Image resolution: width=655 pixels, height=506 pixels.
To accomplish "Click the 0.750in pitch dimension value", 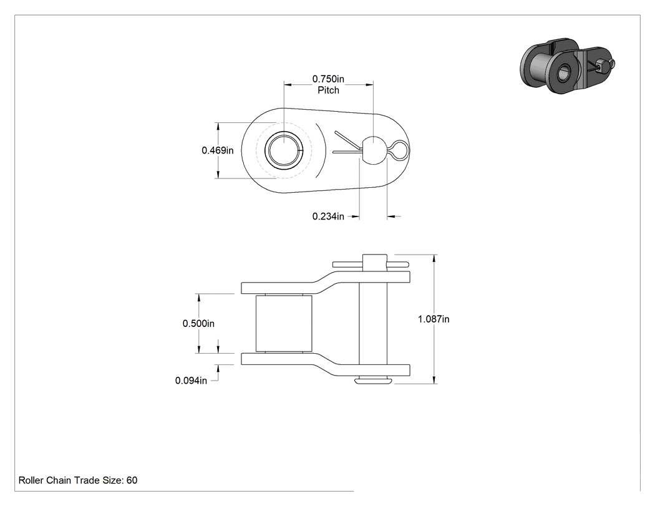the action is click(328, 79).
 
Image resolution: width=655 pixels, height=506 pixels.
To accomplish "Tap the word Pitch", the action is click(328, 90).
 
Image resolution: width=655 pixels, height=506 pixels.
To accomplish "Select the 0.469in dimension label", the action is click(218, 150).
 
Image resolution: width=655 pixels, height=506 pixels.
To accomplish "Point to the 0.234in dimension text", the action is click(328, 217).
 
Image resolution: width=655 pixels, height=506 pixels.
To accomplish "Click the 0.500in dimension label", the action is click(198, 323).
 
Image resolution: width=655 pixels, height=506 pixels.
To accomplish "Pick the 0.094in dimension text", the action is click(191, 381).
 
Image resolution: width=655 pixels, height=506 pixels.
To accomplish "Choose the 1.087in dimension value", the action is click(434, 319).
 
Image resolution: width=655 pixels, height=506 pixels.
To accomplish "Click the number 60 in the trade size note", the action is click(132, 480).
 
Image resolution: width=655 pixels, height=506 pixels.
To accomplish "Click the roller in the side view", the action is click(284, 323).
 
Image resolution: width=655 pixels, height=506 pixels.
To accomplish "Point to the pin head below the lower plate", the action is click(374, 381).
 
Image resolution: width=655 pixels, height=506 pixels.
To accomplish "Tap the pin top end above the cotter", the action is click(374, 262).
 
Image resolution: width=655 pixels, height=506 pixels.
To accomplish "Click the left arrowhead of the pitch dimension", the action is click(288, 85).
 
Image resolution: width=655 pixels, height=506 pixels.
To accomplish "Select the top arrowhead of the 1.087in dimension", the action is click(434, 258).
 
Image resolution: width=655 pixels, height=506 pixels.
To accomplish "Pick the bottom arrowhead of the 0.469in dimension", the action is click(218, 175).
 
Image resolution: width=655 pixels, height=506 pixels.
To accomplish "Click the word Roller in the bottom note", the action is click(31, 480).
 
